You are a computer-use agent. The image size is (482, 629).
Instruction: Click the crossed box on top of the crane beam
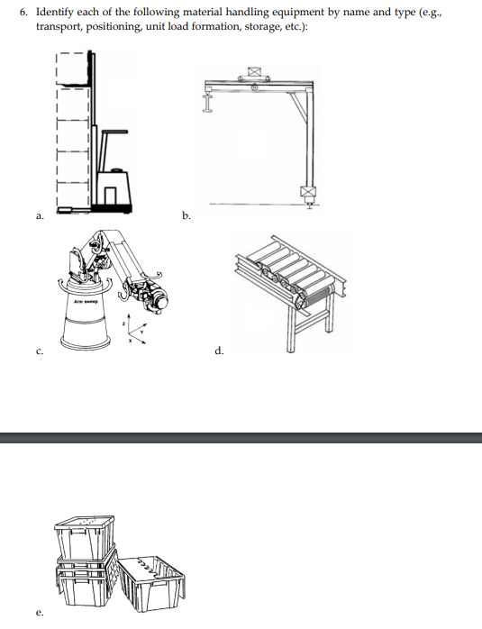click(253, 71)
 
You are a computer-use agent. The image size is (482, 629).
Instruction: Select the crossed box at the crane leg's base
click(309, 193)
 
